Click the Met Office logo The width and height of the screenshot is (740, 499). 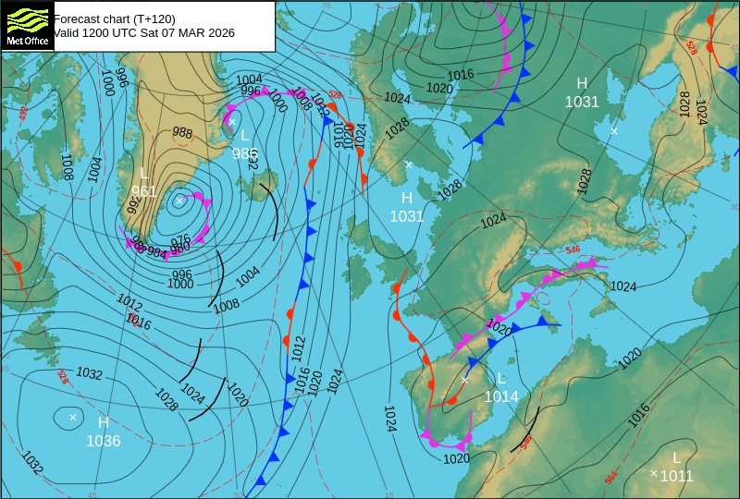[x=27, y=26]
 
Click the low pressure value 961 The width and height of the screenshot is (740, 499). [x=143, y=192]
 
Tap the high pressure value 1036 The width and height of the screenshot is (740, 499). [x=103, y=442]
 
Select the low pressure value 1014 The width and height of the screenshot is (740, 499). [x=501, y=396]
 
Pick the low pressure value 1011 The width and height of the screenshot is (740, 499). [x=676, y=477]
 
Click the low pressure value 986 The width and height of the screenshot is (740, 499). [x=244, y=154]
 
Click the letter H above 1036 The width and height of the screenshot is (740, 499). [x=103, y=422]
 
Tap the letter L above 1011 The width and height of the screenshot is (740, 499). [x=676, y=457]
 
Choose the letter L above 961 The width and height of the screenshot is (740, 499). [x=143, y=174]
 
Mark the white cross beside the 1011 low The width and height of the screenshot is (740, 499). [x=653, y=474]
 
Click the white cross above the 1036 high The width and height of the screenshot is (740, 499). [x=72, y=418]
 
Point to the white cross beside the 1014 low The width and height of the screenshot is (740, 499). [x=464, y=380]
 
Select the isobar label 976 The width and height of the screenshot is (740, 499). [x=180, y=239]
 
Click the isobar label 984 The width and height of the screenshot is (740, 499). [x=157, y=252]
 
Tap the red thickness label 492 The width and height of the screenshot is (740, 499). [x=23, y=112]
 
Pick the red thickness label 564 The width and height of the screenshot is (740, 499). [x=610, y=477]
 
